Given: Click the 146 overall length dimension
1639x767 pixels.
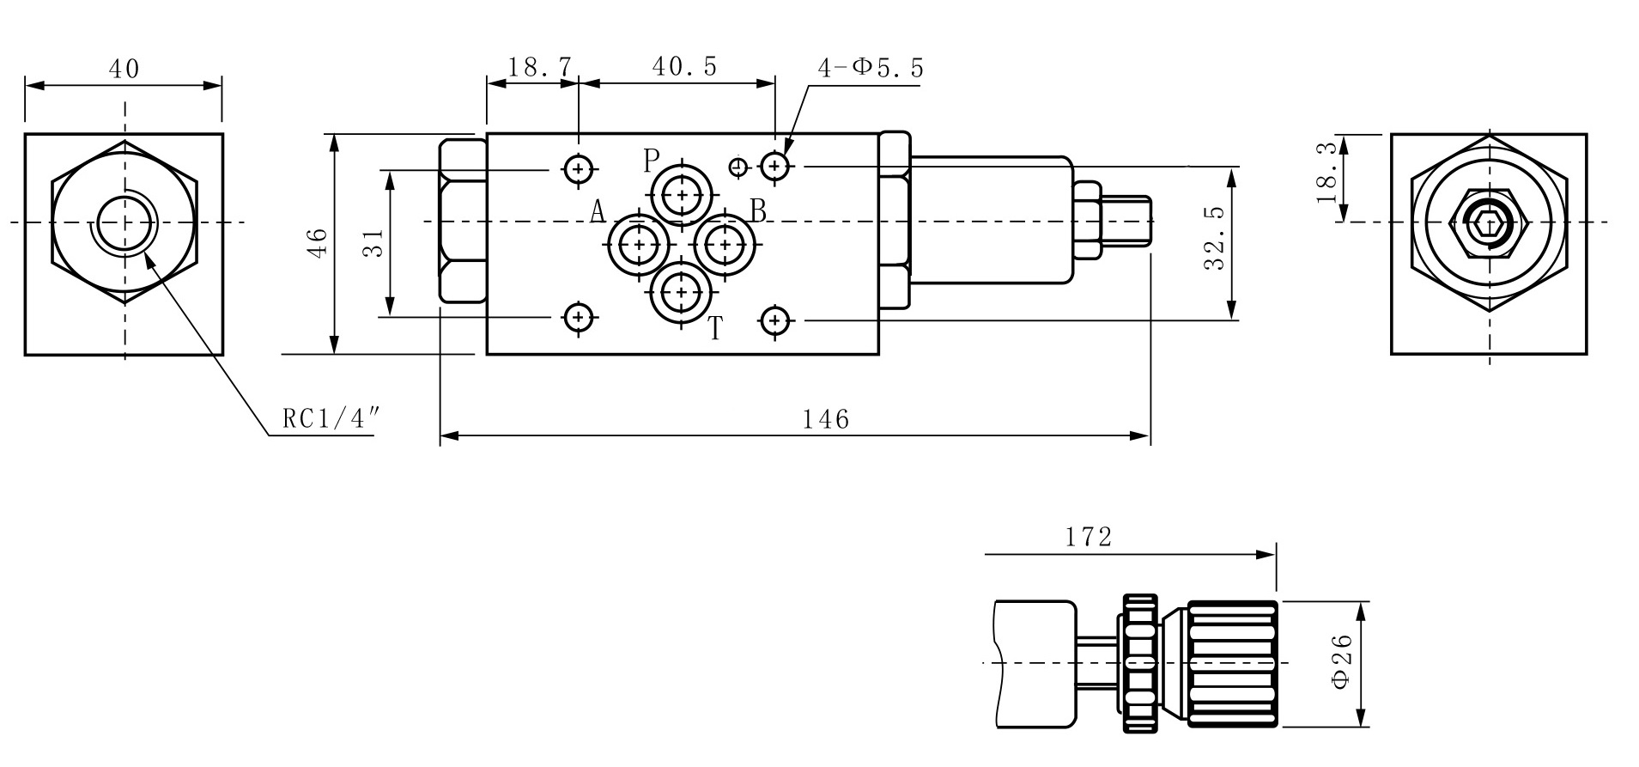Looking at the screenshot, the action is (826, 419).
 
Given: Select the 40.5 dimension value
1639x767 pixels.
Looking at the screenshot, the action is (684, 66).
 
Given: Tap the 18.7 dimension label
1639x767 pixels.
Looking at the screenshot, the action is (539, 66).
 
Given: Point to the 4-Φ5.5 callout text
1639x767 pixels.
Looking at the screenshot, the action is (871, 68).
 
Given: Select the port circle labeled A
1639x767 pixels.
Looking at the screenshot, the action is (639, 246).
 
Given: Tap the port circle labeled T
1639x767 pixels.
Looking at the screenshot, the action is (682, 293).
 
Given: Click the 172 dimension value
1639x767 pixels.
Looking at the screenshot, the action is (1089, 537).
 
